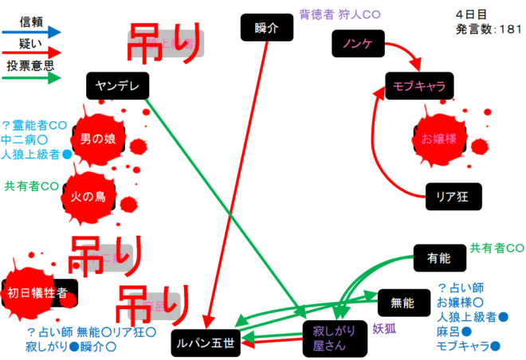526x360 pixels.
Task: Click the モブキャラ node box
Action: pyautogui.click(x=418, y=84)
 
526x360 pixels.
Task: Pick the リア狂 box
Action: pyautogui.click(x=452, y=196)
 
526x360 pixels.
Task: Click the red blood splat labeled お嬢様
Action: pyautogui.click(x=438, y=139)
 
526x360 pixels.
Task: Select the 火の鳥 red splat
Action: pyautogui.click(x=94, y=196)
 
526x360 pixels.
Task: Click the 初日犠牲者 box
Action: pyautogui.click(x=41, y=293)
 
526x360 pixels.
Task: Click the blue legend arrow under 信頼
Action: pyautogui.click(x=32, y=32)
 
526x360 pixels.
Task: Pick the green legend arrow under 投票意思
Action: pyautogui.click(x=32, y=78)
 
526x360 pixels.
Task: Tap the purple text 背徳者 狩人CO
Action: pyautogui.click(x=340, y=14)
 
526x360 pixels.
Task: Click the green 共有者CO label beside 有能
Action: pyautogui.click(x=497, y=248)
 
